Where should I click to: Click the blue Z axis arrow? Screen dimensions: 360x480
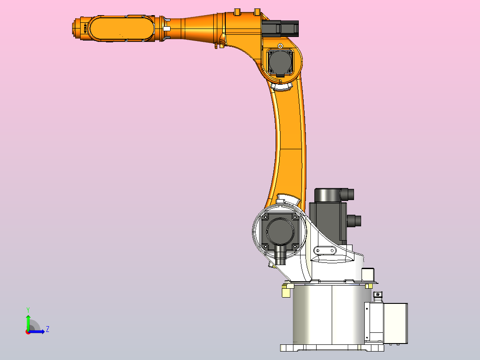pos(38,331)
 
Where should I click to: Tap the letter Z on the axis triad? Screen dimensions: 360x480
pos(47,329)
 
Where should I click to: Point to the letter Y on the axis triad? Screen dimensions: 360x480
pos(28,309)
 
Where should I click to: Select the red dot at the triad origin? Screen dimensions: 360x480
pos(28,331)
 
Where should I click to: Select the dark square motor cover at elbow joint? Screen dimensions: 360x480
pos(280,62)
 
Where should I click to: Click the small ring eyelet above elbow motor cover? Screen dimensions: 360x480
pos(280,46)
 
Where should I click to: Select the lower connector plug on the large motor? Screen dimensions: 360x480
pos(354,221)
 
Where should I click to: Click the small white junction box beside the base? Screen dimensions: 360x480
pos(386,323)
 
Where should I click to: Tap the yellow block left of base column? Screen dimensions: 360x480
pos(285,291)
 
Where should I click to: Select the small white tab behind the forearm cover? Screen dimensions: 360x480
pos(167,29)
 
